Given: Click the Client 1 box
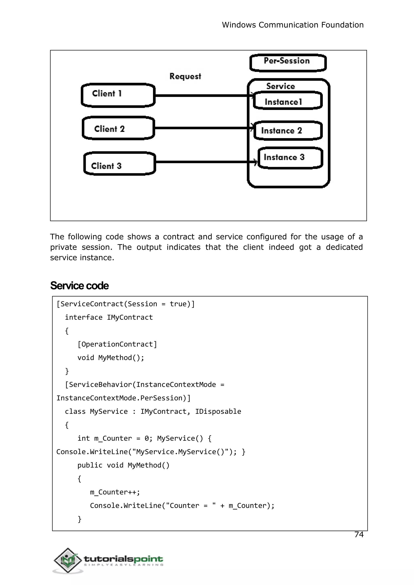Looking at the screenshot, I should point(118,95).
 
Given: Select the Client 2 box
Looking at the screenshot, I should point(118,128).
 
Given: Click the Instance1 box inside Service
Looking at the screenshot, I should point(288,101).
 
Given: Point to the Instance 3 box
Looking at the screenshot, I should point(290,157).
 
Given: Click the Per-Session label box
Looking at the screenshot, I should point(288,62).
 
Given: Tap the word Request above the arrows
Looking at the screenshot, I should point(185,76).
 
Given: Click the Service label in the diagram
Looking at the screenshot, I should point(280,86).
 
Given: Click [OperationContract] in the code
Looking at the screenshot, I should point(117,344).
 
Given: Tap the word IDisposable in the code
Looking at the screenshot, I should point(218,411).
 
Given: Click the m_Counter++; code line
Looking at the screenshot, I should point(115,492).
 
